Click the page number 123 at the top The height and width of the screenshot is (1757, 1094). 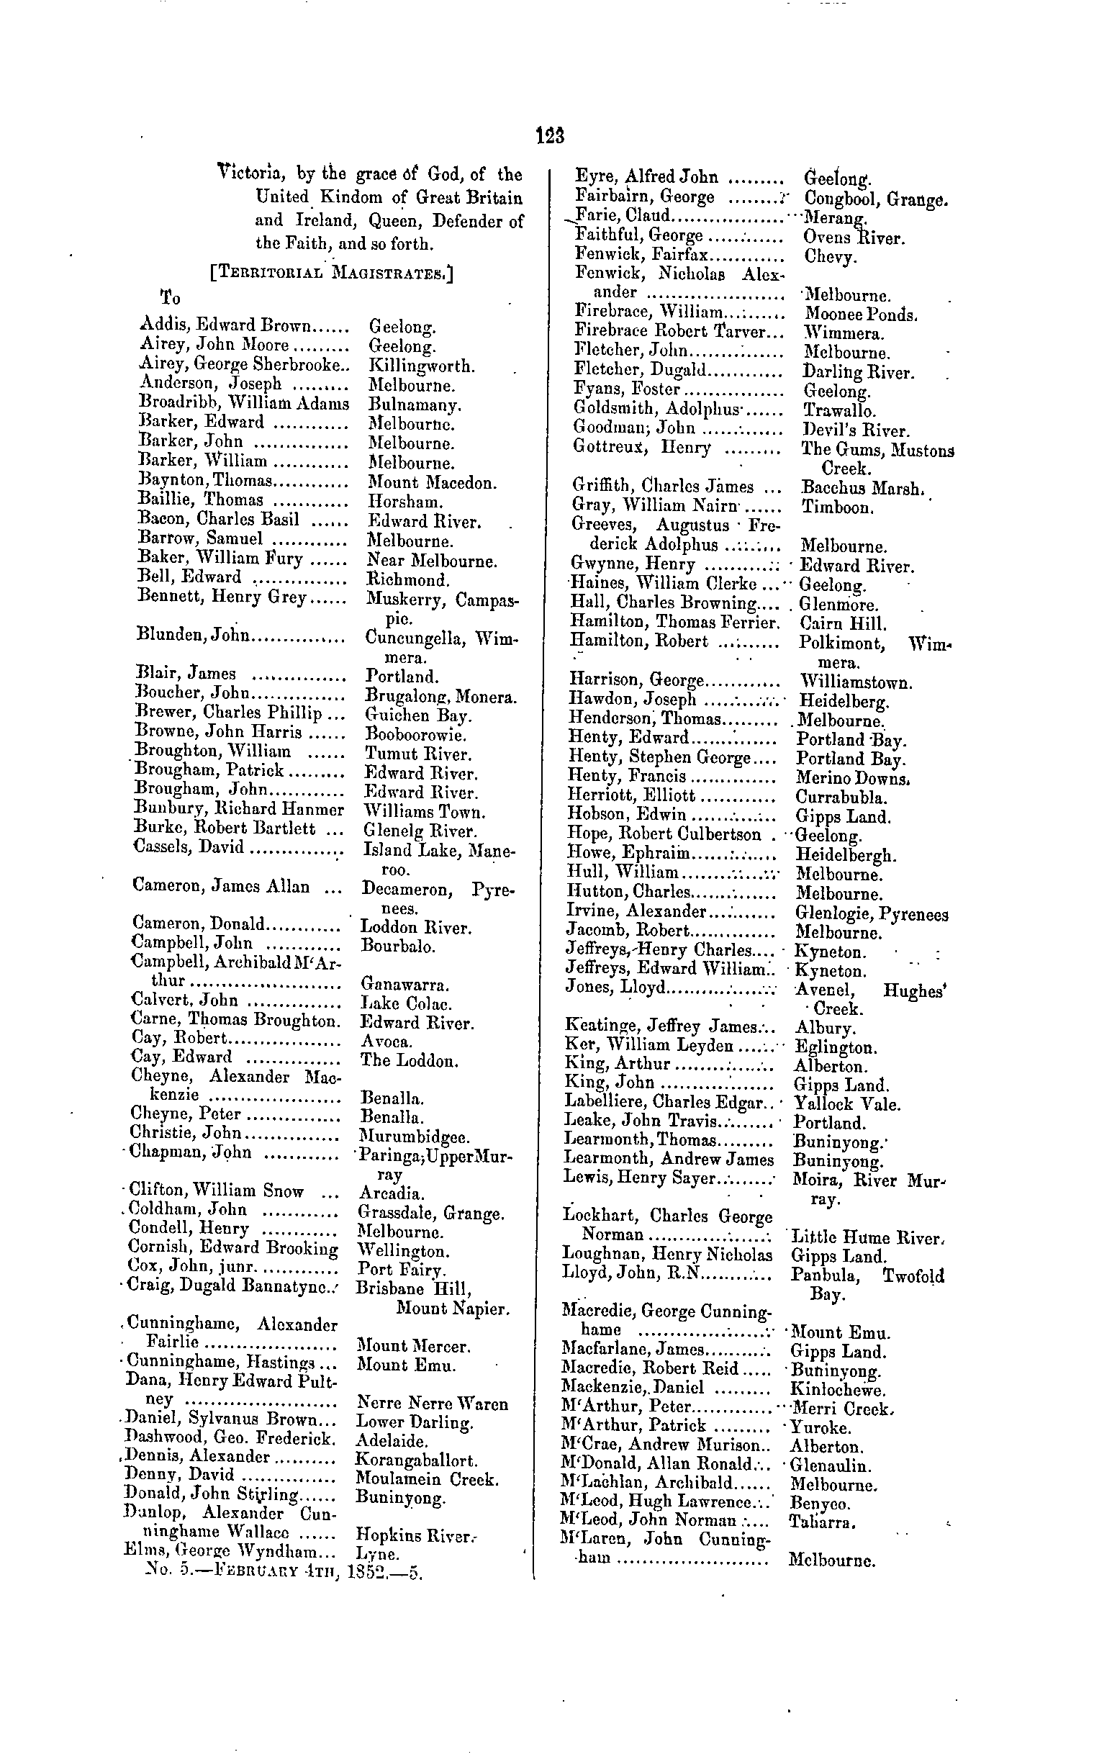[x=550, y=136]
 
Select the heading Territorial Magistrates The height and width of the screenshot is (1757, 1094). [x=332, y=274]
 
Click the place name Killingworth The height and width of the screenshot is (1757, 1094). [x=422, y=365]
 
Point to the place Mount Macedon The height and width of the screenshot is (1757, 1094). [x=432, y=482]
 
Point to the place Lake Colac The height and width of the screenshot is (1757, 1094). [x=406, y=1003]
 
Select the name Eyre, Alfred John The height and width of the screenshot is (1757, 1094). [x=646, y=177]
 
